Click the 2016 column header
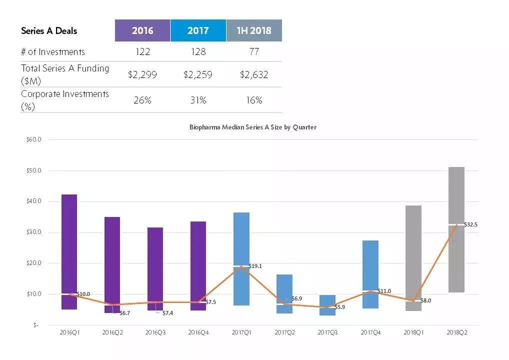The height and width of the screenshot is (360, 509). (142, 30)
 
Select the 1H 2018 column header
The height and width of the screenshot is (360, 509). (254, 30)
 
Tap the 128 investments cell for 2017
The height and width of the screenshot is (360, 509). (198, 51)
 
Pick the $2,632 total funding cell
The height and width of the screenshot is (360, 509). (254, 75)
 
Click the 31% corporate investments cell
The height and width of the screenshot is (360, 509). (198, 100)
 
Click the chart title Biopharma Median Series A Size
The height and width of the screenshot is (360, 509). (252, 127)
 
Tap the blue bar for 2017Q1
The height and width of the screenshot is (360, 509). (241, 235)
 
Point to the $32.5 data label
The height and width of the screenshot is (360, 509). (470, 225)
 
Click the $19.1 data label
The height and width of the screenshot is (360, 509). (256, 266)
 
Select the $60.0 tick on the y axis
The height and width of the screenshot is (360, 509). (33, 139)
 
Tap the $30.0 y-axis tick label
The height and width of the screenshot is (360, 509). (33, 232)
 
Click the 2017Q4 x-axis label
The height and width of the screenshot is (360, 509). (370, 331)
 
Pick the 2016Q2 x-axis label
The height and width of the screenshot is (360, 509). (112, 331)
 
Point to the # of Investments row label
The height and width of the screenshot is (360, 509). (53, 51)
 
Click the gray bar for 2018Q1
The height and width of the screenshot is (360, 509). (413, 250)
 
